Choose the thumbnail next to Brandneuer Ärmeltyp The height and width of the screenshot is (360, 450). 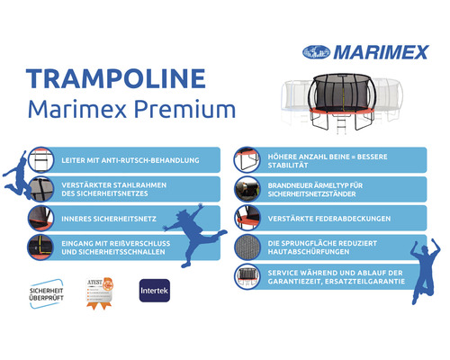[248, 189]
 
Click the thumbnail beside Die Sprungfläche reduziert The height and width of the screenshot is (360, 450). [248, 247]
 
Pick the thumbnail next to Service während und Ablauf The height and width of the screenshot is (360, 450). [248, 276]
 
